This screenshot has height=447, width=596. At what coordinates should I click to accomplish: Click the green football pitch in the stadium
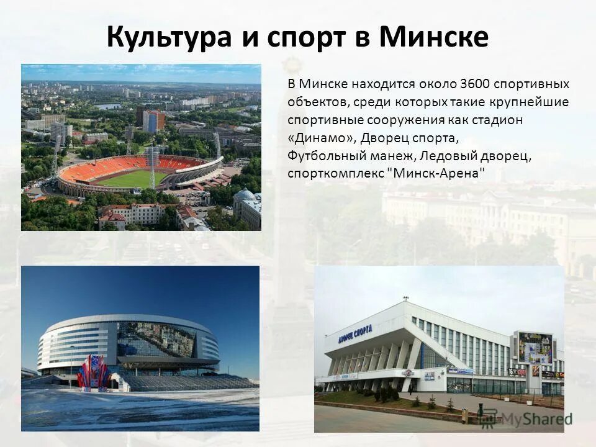(133, 179)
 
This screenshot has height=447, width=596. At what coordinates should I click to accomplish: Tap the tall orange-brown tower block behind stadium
(153, 121)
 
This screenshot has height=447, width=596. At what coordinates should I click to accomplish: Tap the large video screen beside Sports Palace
(535, 347)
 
